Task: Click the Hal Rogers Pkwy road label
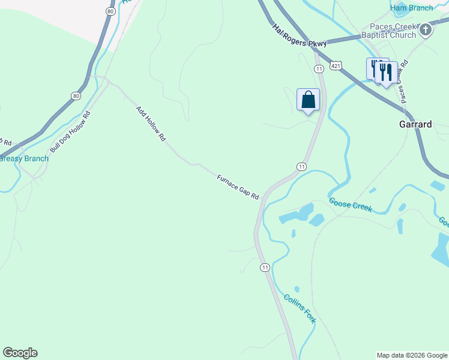click(x=299, y=36)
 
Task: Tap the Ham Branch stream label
click(x=412, y=8)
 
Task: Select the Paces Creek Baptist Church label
click(x=393, y=31)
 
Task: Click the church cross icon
click(x=426, y=29)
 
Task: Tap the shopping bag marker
click(x=308, y=100)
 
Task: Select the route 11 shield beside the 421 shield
click(x=319, y=69)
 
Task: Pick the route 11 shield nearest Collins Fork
click(x=264, y=267)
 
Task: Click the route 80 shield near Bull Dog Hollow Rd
click(x=75, y=95)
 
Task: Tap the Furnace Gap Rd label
click(x=238, y=187)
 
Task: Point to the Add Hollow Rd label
click(x=150, y=123)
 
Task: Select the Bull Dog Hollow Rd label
click(x=70, y=131)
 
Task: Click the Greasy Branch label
click(x=24, y=158)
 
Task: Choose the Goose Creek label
click(x=350, y=205)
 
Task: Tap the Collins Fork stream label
click(x=300, y=308)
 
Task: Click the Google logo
click(x=20, y=353)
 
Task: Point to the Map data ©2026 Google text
click(x=412, y=355)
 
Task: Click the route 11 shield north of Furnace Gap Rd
click(x=301, y=166)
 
